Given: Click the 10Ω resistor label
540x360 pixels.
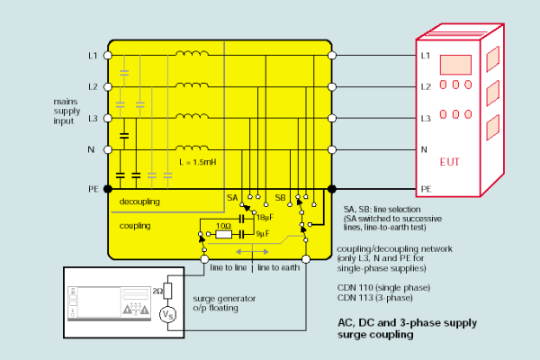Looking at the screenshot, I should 225,224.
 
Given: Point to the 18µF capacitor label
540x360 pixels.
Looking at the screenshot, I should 265,217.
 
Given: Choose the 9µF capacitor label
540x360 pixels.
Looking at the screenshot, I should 263,235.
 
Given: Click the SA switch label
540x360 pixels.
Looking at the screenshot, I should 232,195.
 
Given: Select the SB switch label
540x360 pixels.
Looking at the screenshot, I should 280,195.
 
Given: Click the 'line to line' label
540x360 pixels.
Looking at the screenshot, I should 229,268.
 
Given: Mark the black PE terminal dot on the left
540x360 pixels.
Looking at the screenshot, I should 108,189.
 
